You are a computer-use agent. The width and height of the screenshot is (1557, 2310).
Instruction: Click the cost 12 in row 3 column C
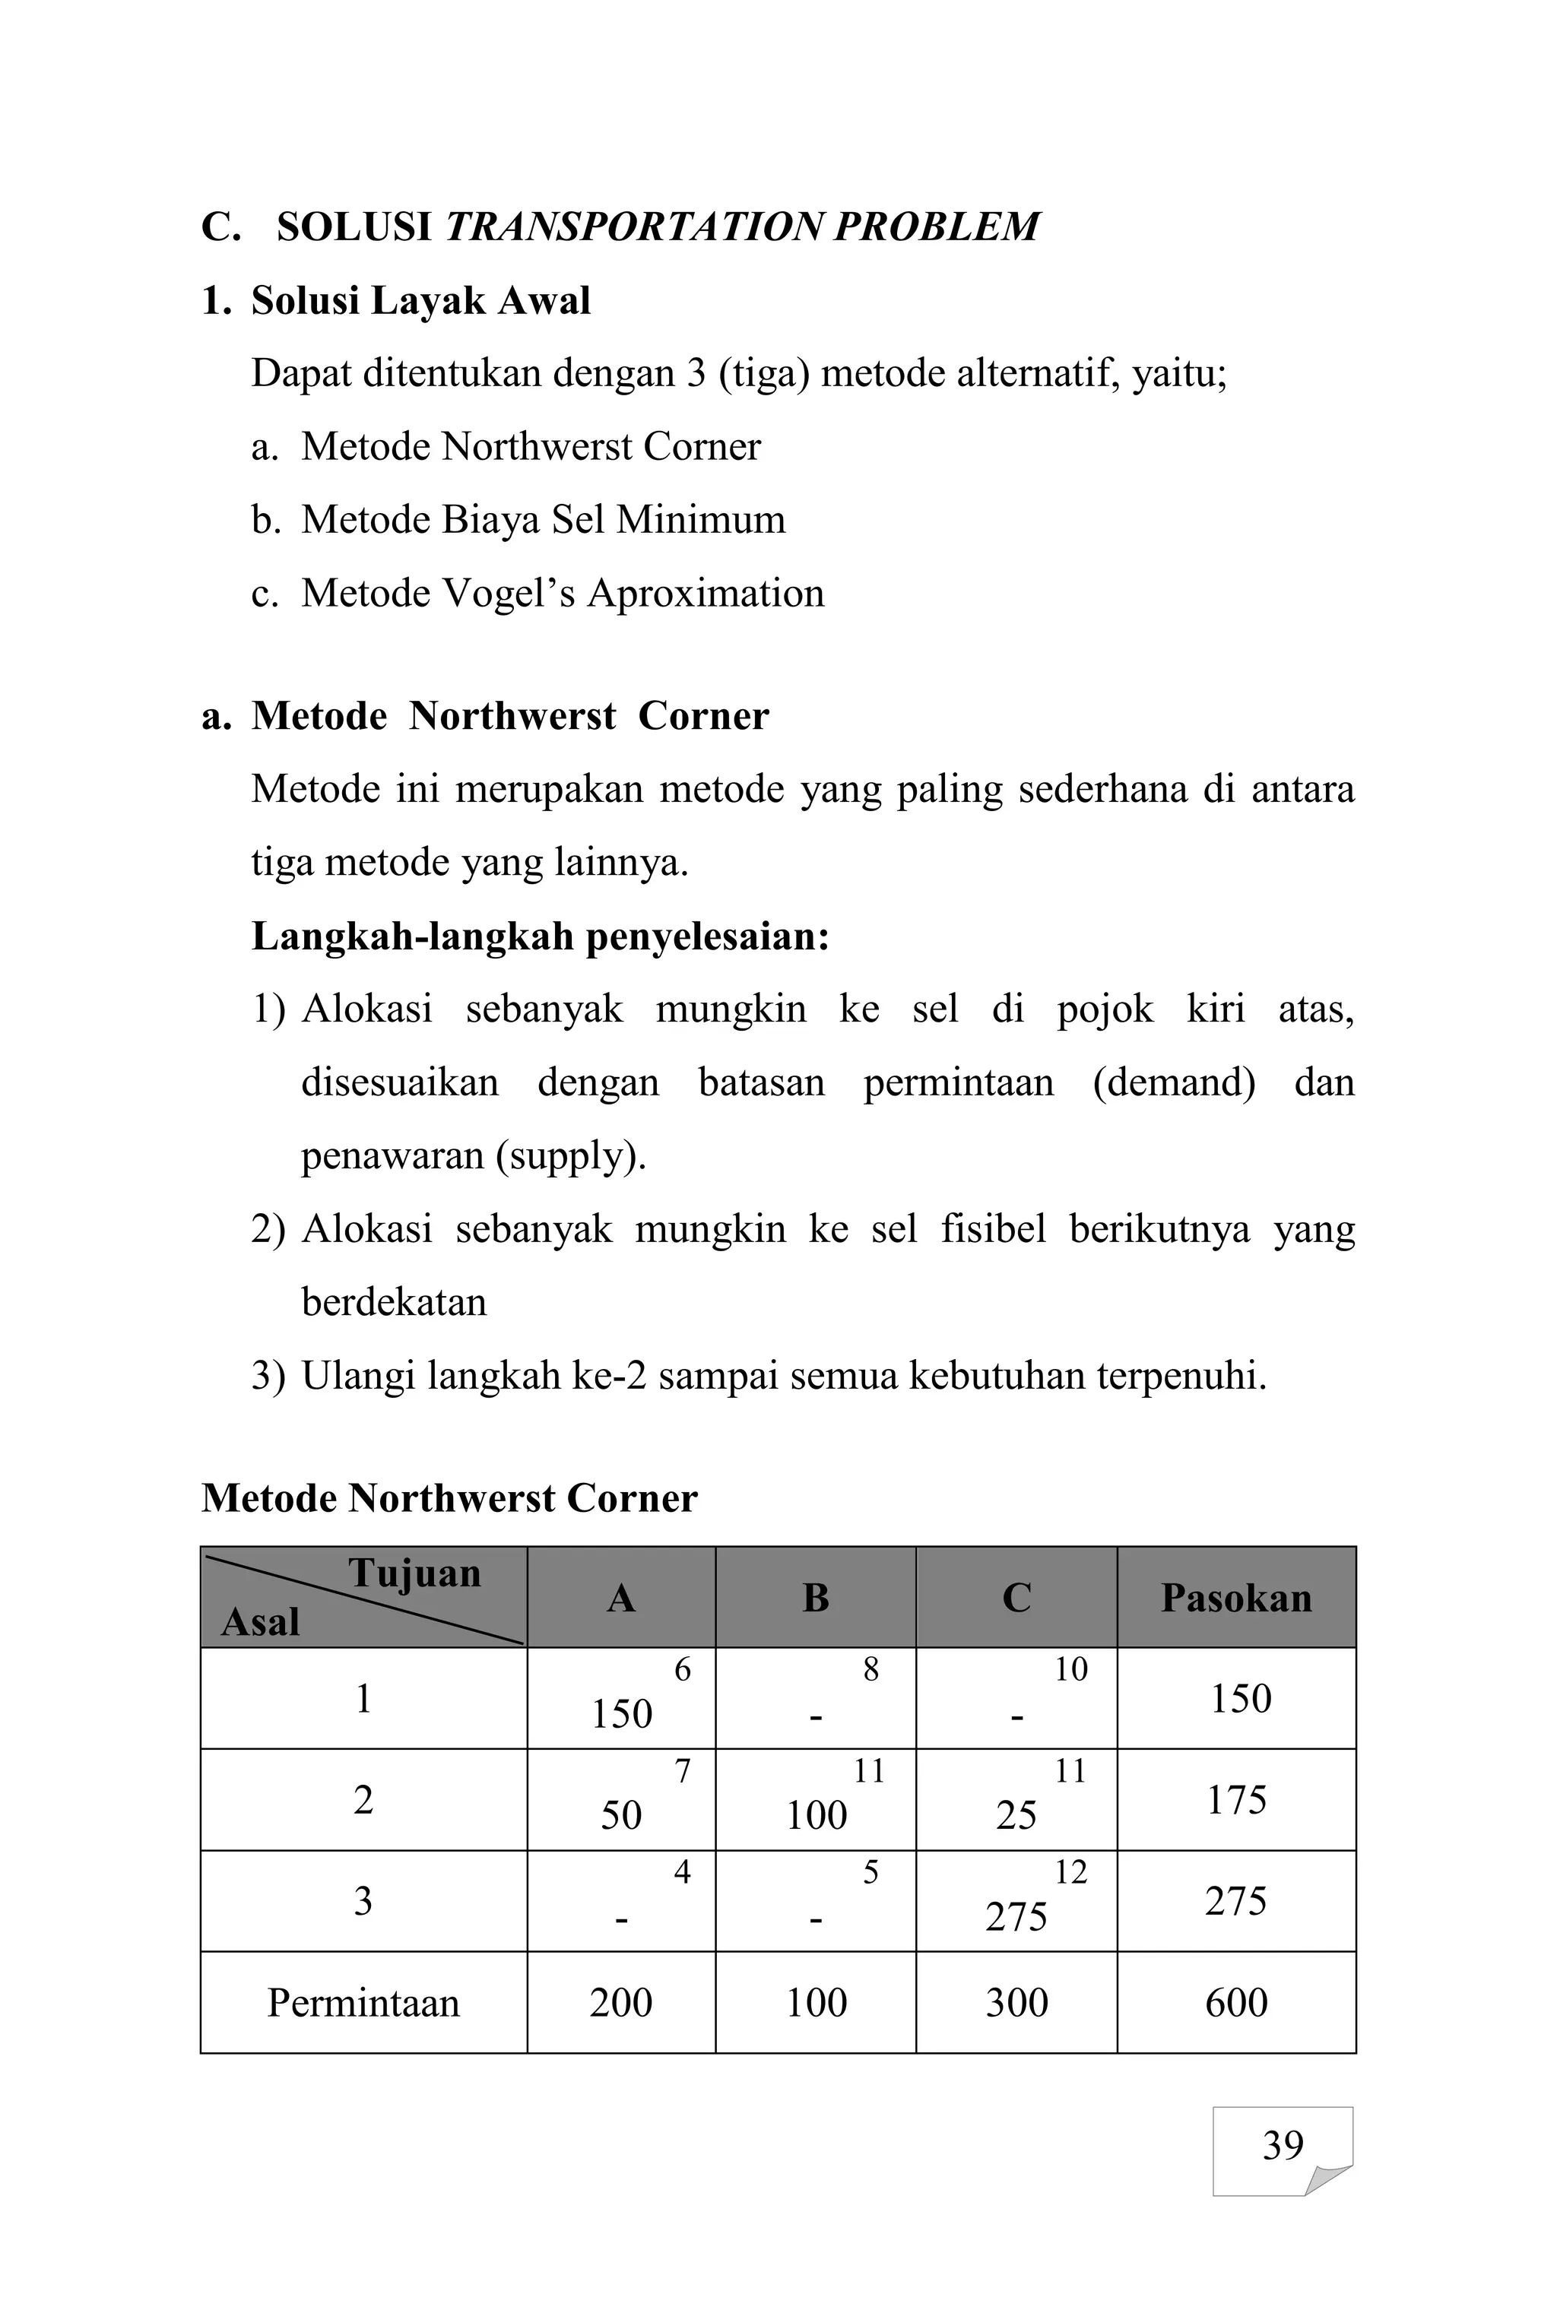[x=1070, y=1872]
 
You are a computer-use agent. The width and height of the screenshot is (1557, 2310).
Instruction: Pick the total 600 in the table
[x=1236, y=2002]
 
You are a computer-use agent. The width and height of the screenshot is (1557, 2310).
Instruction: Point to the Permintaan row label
[x=363, y=2002]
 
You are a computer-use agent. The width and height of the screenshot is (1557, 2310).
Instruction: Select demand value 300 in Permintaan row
[x=1016, y=2002]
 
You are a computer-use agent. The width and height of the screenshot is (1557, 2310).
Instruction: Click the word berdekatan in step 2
[x=395, y=1301]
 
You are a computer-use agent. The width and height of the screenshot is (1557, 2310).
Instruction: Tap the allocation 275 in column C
[x=1016, y=1917]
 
